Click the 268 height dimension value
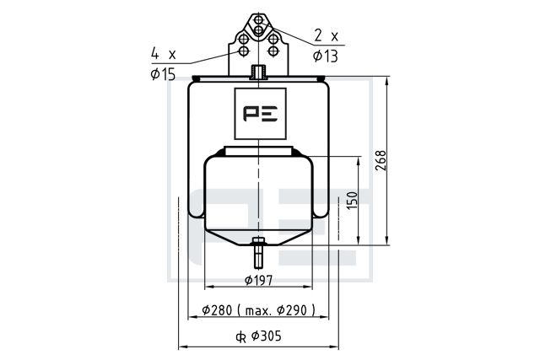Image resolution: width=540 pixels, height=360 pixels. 381,160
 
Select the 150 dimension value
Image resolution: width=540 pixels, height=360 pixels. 352,201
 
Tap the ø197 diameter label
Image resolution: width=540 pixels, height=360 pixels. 259,280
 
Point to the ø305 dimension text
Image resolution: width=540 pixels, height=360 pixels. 267,336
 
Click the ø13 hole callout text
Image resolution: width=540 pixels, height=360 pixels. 326,56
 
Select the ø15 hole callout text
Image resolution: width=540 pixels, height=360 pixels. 163,74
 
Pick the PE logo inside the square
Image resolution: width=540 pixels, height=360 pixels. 261,113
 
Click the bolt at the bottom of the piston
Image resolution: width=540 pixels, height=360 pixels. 258,252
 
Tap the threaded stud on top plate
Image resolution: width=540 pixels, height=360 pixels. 258,72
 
